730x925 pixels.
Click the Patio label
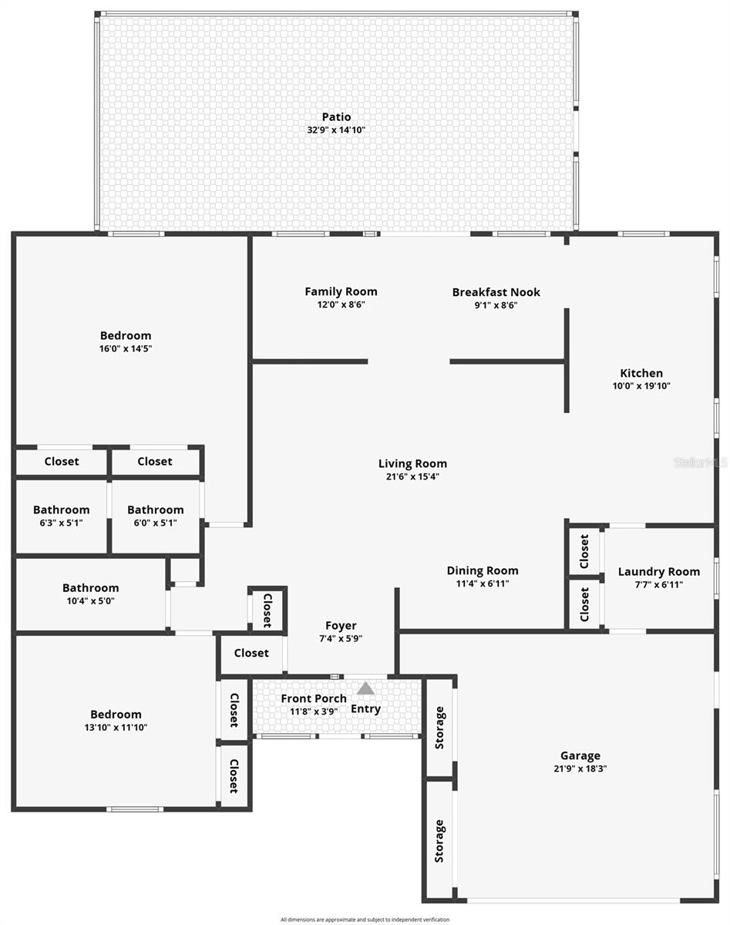point(336,117)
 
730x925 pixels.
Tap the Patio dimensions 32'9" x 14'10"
point(336,130)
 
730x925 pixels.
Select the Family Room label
point(341,291)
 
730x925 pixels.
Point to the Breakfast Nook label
point(496,292)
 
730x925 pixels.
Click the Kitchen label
point(641,373)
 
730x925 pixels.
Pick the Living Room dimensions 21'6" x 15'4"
point(412,476)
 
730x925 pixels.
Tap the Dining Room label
point(483,570)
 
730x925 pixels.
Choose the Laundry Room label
point(659,571)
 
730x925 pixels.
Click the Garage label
point(580,755)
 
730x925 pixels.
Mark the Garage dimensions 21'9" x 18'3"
point(580,769)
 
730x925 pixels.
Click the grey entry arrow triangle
point(365,688)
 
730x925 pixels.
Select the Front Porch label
point(314,698)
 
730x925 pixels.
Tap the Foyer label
point(341,626)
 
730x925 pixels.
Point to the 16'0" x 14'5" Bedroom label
point(126,335)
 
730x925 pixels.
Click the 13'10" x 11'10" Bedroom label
point(116,715)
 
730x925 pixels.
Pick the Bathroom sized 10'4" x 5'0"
point(91,587)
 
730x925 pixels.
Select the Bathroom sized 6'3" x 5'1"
point(61,510)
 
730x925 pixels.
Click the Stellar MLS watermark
point(700,462)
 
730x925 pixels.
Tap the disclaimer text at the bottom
point(365,919)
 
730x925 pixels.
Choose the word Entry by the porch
point(365,709)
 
